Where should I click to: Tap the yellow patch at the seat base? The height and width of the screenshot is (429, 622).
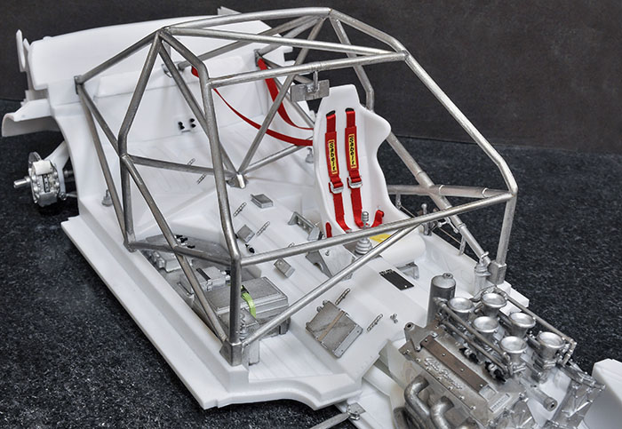tap(379, 236)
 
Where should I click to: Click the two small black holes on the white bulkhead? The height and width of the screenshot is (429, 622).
tap(187, 124)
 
